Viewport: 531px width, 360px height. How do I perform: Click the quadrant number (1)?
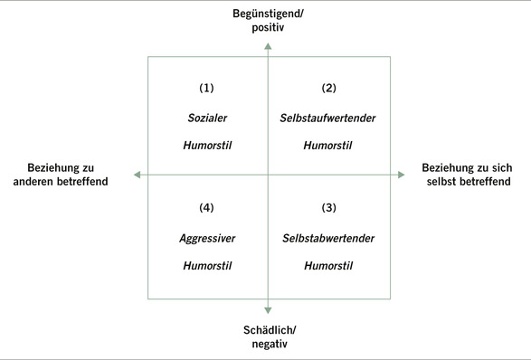207,89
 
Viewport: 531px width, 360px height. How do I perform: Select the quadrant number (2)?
329,89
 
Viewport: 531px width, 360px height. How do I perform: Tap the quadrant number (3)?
329,208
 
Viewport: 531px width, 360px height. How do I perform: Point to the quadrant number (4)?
207,208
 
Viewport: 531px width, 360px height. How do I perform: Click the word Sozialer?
207,118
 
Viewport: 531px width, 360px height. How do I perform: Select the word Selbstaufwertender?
329,118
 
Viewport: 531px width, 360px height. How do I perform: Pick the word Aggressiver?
207,238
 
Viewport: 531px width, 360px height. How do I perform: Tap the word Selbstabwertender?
329,238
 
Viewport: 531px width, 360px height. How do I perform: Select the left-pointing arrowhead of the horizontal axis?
137,175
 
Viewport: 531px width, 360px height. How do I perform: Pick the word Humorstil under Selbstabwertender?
329,266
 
